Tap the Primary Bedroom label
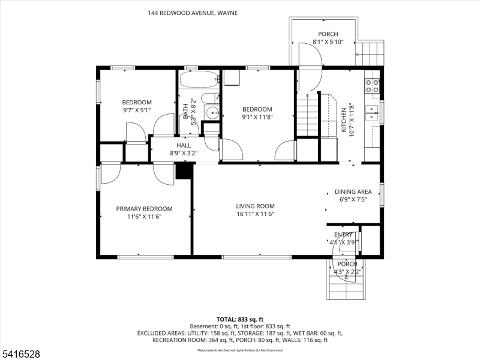point(144,209)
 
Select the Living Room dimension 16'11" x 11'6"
point(255,214)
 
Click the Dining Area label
point(353,192)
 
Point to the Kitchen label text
point(344,115)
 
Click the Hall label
point(184,145)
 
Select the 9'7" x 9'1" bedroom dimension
point(137,110)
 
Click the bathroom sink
point(212,112)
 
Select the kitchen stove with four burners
point(372,86)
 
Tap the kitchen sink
point(373,113)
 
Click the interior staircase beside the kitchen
point(306,114)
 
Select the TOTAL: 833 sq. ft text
point(239,319)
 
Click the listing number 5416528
point(21,355)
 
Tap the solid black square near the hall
point(184,170)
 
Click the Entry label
point(343,235)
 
